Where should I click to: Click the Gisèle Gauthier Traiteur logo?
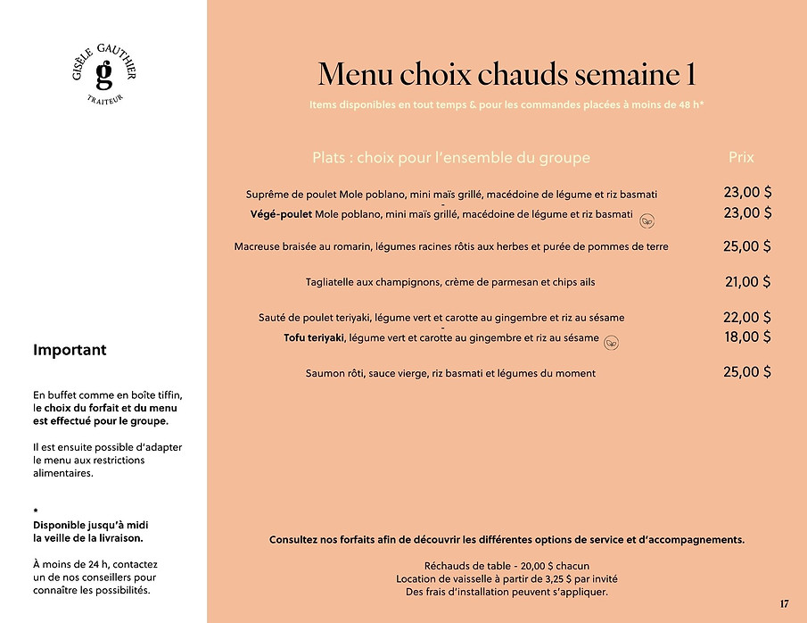click(x=103, y=74)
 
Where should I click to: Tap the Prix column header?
click(x=741, y=157)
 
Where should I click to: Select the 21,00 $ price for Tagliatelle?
click(x=747, y=282)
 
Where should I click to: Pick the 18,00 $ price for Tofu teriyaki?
click(x=747, y=336)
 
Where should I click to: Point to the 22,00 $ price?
click(x=747, y=317)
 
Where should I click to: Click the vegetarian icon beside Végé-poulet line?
click(x=648, y=219)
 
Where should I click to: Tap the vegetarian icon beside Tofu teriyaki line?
click(x=612, y=342)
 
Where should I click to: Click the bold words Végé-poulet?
click(x=282, y=214)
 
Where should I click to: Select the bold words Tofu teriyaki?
click(x=309, y=337)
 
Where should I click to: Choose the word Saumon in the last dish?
click(x=325, y=373)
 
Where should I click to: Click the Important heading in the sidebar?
click(x=70, y=350)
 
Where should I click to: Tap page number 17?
click(x=785, y=604)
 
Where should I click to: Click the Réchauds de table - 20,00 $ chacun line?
click(x=506, y=566)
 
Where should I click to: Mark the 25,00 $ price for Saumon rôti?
click(x=747, y=372)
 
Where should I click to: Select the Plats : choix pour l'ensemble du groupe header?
click(x=451, y=158)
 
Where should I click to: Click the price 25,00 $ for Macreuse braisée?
click(x=747, y=246)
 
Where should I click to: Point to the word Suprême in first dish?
click(x=267, y=194)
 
